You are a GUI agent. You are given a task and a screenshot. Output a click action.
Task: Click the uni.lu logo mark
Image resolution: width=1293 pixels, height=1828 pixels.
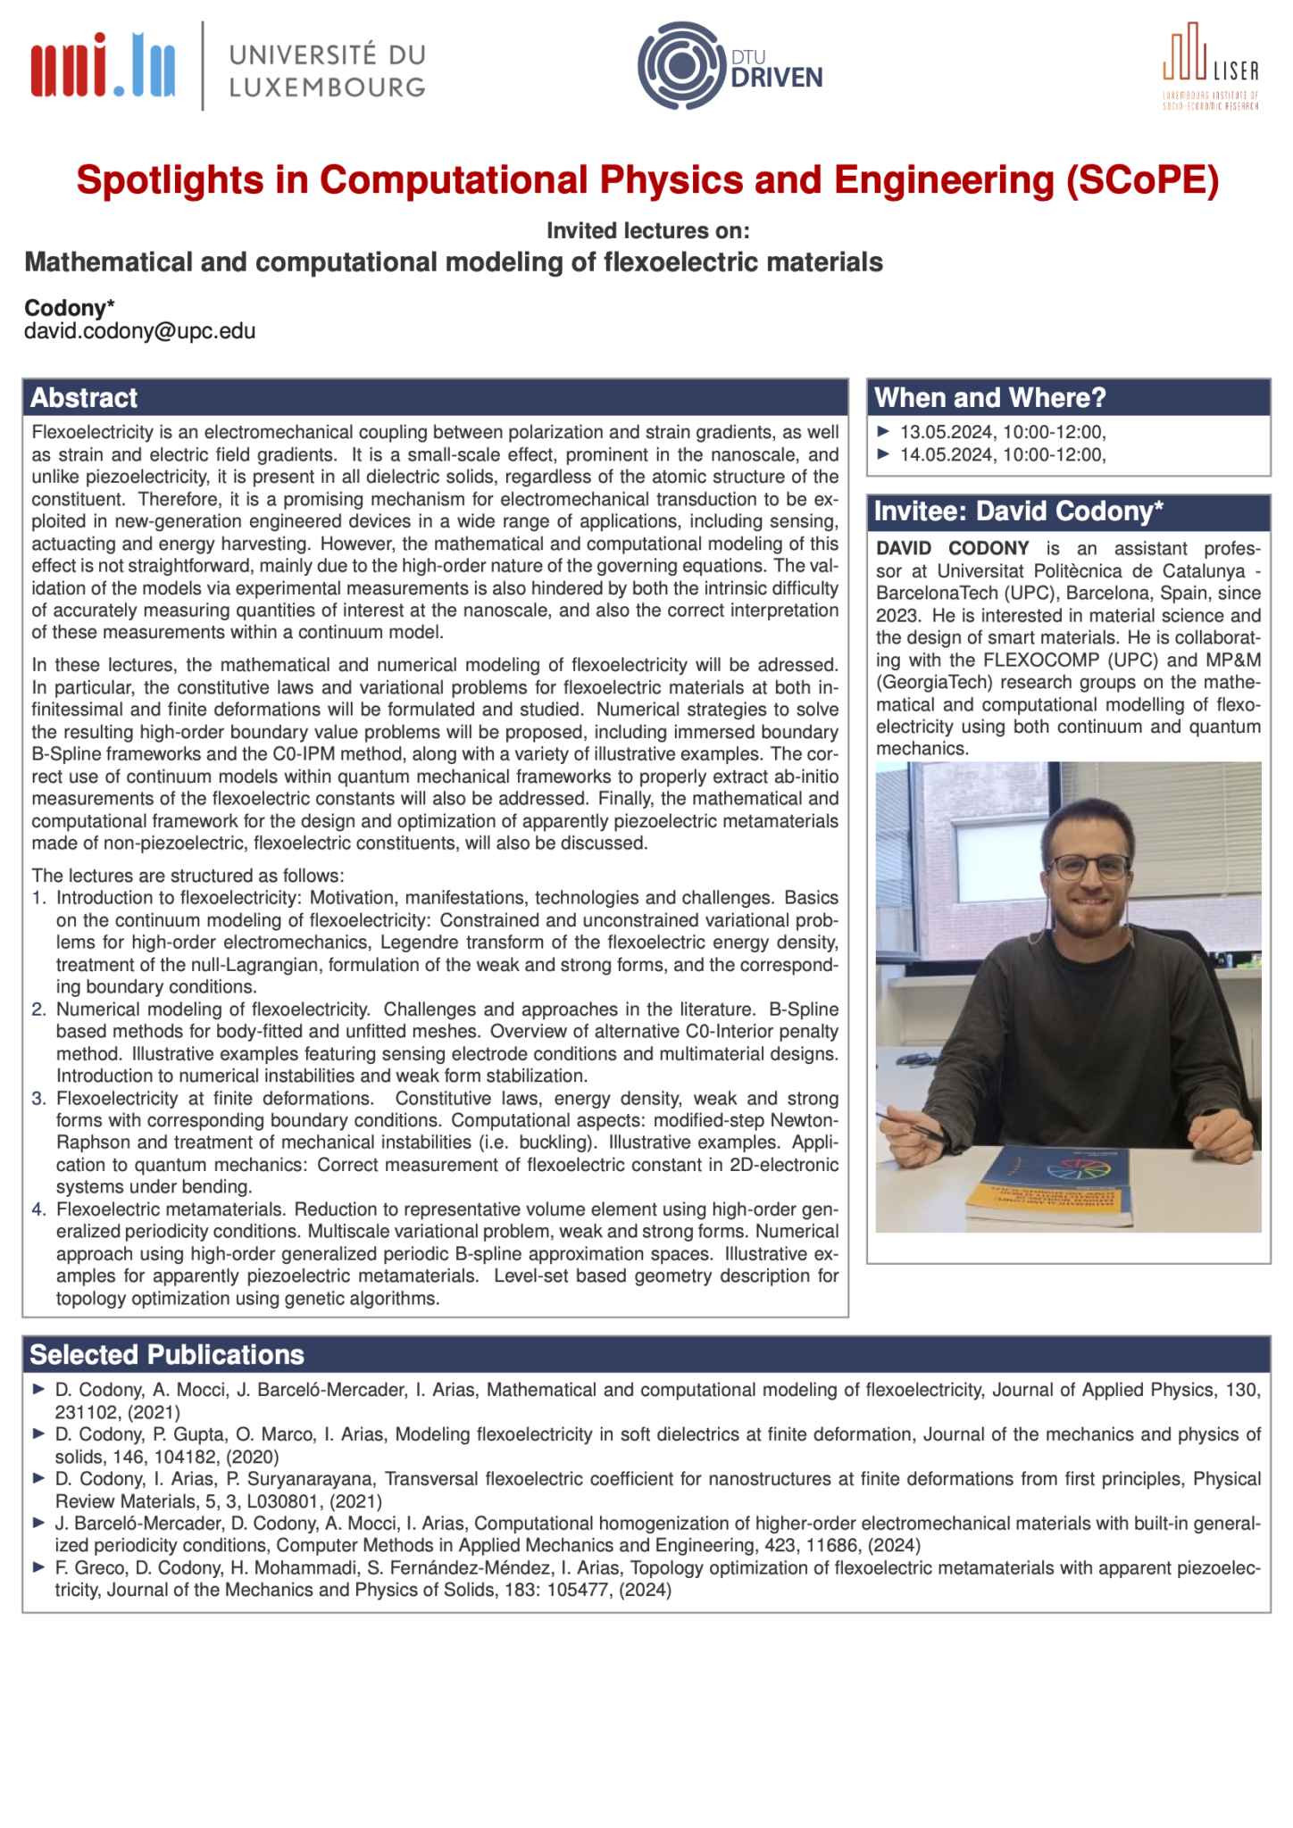click(x=103, y=65)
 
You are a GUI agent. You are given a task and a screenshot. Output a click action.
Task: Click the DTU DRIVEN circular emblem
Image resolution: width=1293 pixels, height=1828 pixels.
click(x=680, y=66)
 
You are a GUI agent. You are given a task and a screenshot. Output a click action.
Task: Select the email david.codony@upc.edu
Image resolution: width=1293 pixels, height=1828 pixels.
click(x=140, y=331)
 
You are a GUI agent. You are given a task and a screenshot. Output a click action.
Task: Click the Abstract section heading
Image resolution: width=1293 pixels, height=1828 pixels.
click(x=84, y=398)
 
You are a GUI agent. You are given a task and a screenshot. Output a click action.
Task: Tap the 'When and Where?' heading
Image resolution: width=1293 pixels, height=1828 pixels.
click(x=990, y=398)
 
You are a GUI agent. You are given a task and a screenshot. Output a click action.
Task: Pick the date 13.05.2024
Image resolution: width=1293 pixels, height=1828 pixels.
click(x=947, y=432)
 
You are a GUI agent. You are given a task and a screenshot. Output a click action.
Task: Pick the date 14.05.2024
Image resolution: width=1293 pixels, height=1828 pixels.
click(x=947, y=454)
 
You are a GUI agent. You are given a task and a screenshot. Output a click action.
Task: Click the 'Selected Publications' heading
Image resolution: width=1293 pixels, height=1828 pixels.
click(x=167, y=1355)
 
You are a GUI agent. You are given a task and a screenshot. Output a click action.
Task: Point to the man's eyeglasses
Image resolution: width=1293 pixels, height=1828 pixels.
click(x=1089, y=865)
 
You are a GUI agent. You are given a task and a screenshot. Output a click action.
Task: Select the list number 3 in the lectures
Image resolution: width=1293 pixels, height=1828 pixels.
click(x=38, y=1099)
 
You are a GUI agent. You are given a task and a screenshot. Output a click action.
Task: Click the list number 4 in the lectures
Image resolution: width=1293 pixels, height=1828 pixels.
click(x=38, y=1209)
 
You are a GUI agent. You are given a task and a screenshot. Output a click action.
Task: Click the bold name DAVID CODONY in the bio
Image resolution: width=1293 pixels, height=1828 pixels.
click(x=952, y=548)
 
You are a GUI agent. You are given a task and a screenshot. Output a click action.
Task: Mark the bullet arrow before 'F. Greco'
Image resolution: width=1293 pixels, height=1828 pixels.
click(x=38, y=1567)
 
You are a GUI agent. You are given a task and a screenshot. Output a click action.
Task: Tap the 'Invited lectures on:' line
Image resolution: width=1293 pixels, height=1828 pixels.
click(x=647, y=231)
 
